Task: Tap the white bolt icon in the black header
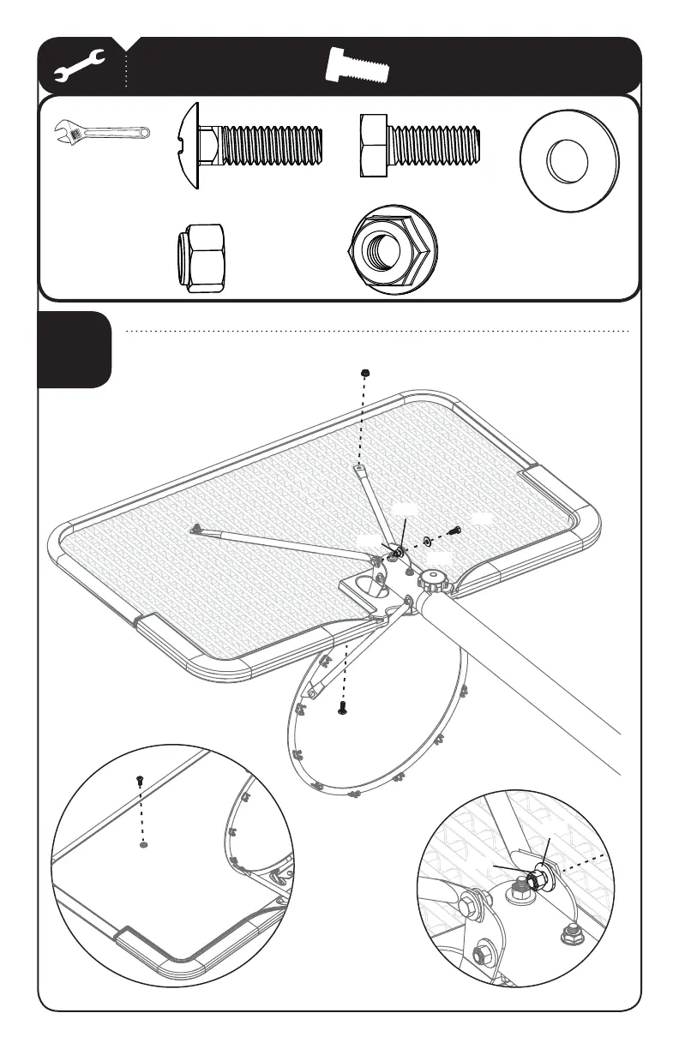[x=358, y=67]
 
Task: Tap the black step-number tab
[x=75, y=350]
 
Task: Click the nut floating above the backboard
[x=366, y=373]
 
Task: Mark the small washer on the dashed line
[x=427, y=542]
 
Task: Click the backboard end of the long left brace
[x=196, y=530]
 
